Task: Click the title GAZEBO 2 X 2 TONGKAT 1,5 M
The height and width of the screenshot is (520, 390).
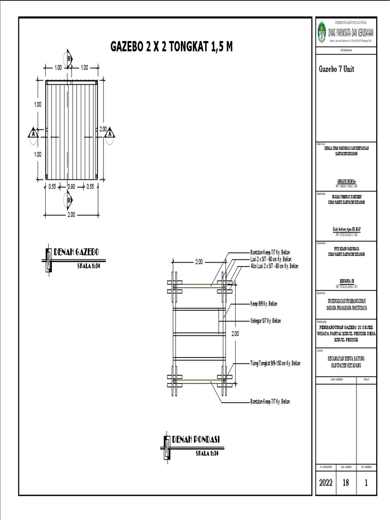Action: (x=172, y=47)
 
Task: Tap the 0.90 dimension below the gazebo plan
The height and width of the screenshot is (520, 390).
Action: (x=72, y=186)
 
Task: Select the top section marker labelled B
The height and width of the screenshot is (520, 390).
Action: (x=69, y=57)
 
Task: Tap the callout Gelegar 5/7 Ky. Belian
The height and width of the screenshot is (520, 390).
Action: (x=266, y=321)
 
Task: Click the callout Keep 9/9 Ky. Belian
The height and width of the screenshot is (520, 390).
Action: (x=264, y=304)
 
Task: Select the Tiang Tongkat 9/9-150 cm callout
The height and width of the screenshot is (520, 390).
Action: (x=275, y=364)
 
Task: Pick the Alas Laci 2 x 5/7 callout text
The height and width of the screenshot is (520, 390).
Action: (x=274, y=266)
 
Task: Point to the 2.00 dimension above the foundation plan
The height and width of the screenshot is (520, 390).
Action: (x=199, y=262)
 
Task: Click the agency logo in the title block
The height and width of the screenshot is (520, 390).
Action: (x=321, y=32)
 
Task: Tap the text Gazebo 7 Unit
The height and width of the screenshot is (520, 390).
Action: (x=336, y=69)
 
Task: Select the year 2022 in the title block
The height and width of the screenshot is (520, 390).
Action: (x=326, y=483)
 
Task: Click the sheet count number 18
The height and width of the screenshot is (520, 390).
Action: (x=346, y=483)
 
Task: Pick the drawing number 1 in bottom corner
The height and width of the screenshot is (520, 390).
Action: (x=366, y=483)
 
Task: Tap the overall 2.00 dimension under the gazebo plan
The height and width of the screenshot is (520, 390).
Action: (x=71, y=215)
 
